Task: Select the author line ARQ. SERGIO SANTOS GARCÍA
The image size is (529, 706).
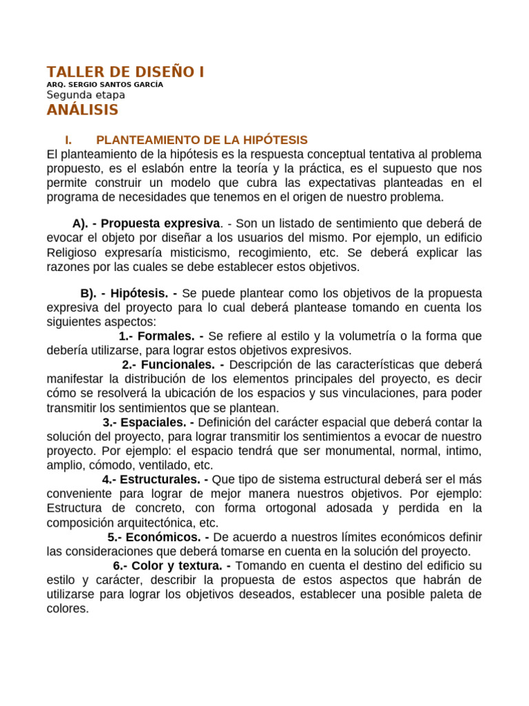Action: click(105, 85)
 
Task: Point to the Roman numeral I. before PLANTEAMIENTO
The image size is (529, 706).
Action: click(68, 140)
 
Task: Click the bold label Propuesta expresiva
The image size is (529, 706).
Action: click(160, 223)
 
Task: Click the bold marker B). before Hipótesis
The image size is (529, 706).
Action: click(88, 293)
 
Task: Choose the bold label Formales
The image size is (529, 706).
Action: click(166, 336)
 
